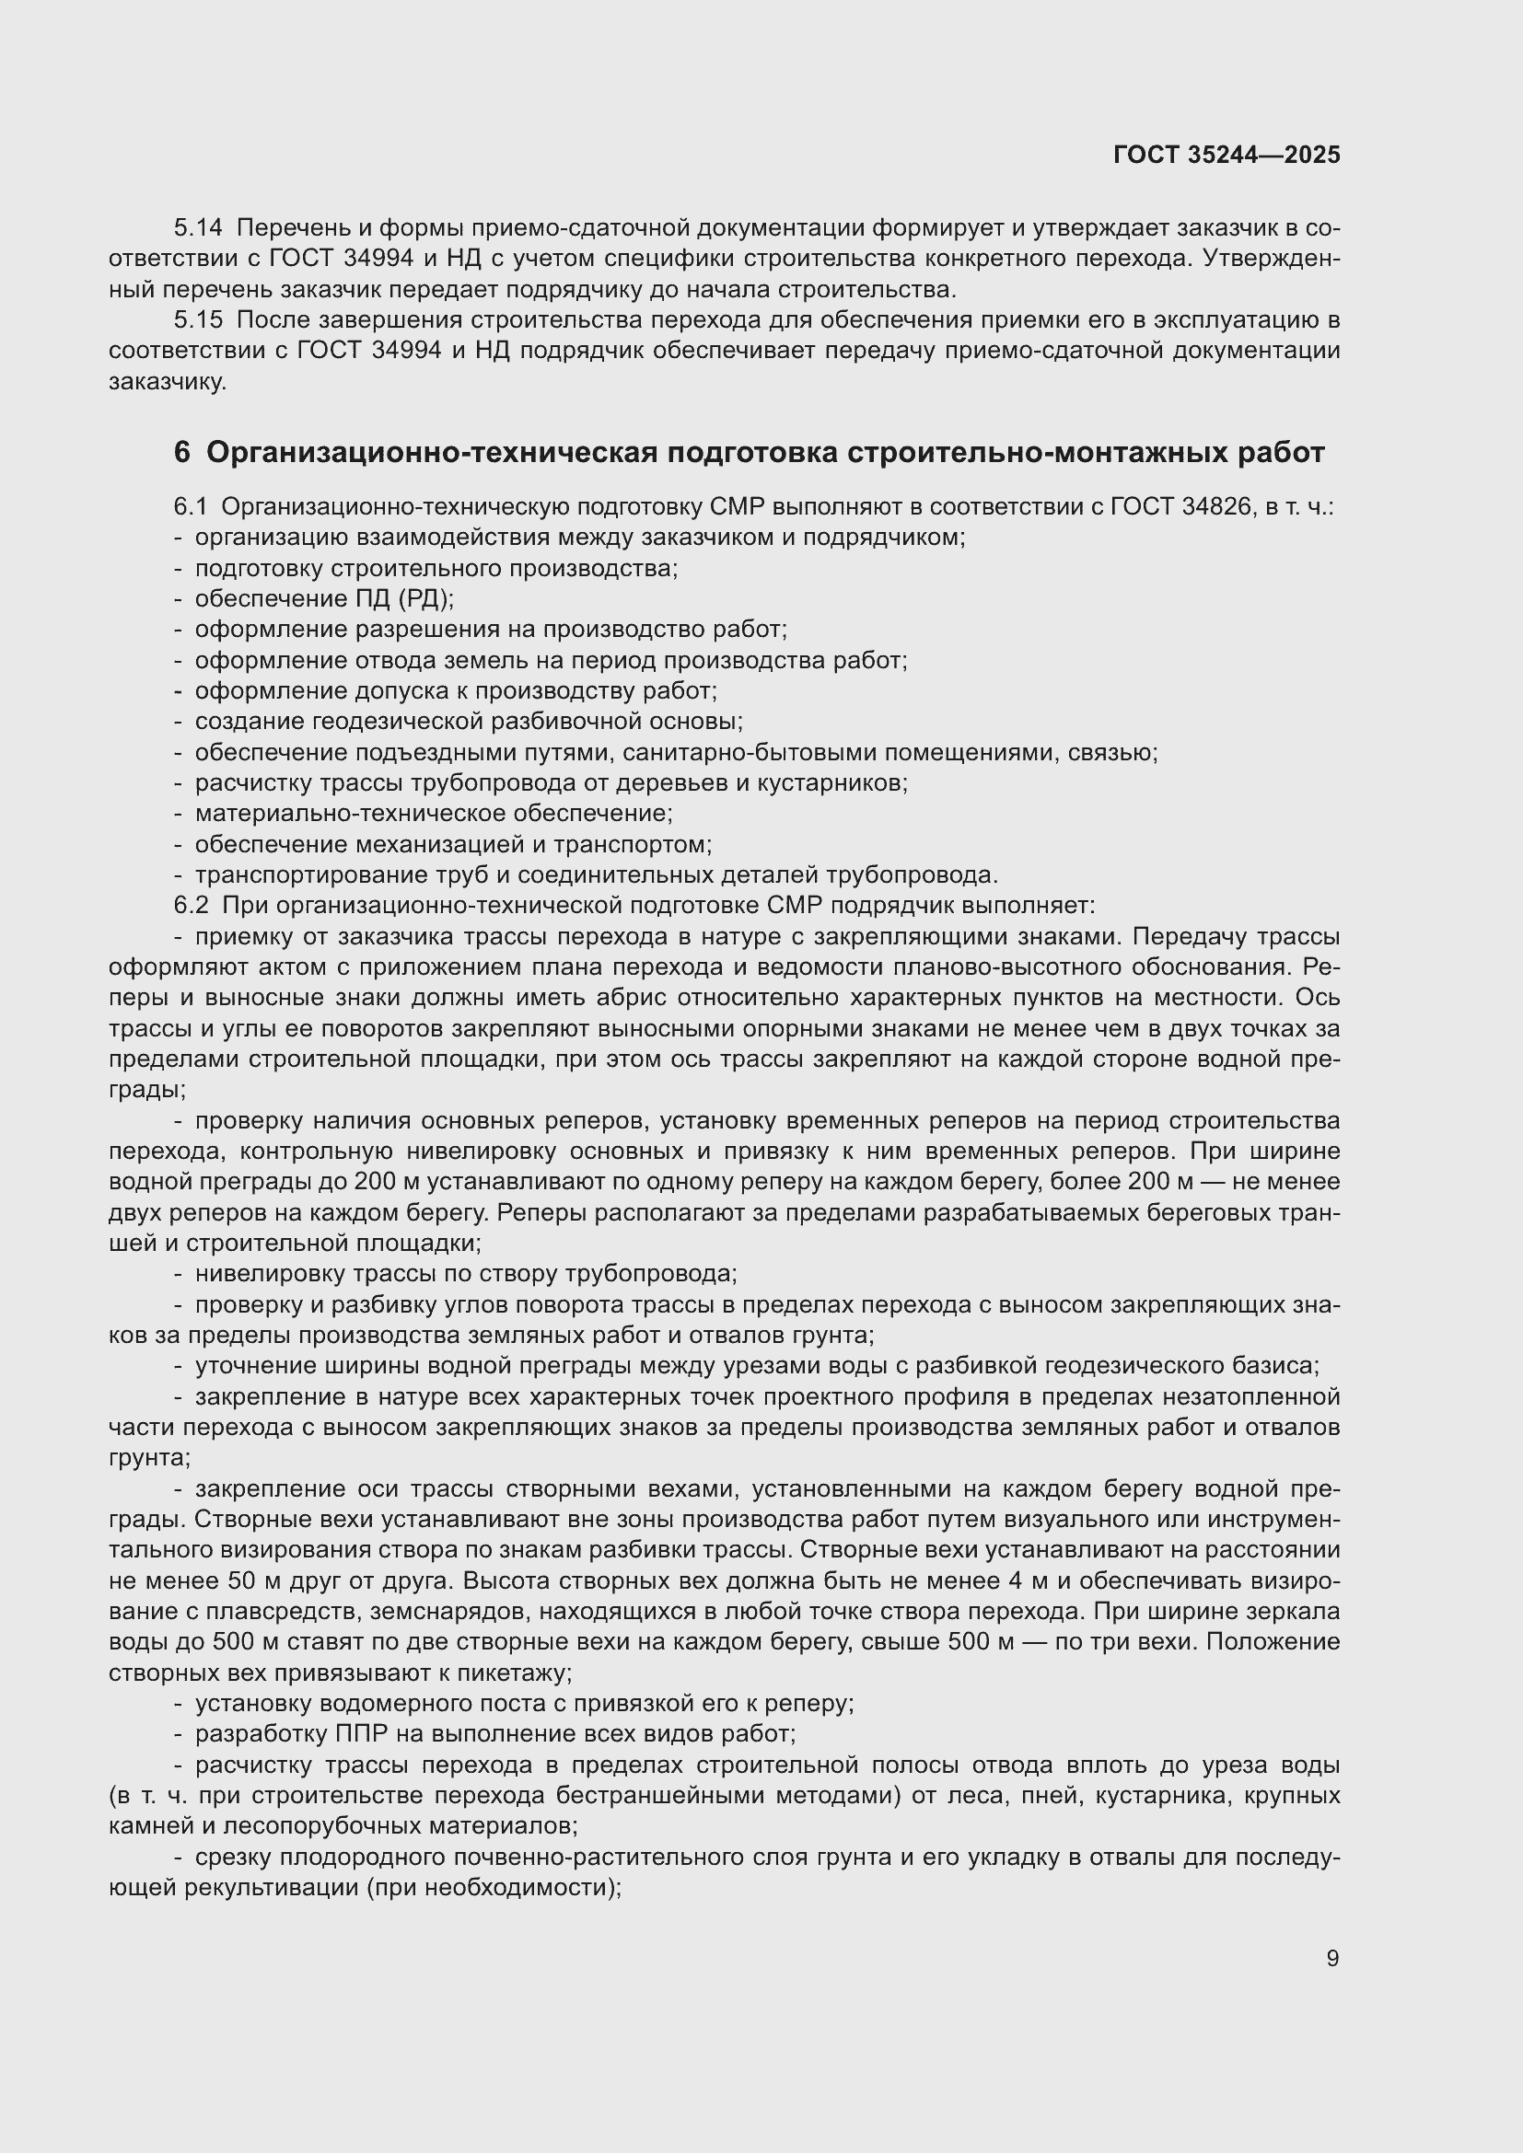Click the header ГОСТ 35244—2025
(x=1226, y=156)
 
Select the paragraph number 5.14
(x=198, y=228)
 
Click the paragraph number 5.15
(x=198, y=320)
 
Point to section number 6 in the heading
(x=182, y=453)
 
